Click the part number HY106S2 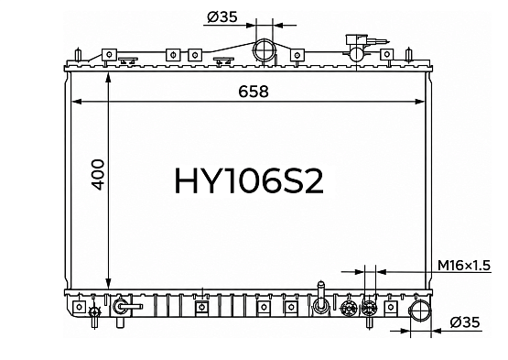(249, 181)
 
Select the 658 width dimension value (254, 92)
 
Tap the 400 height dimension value (98, 174)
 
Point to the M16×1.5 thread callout (464, 266)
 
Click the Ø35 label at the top (222, 16)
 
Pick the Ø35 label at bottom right (465, 322)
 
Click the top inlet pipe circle (263, 50)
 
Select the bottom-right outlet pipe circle (420, 311)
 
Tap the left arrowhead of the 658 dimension (76, 102)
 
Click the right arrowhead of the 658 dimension (419, 102)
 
